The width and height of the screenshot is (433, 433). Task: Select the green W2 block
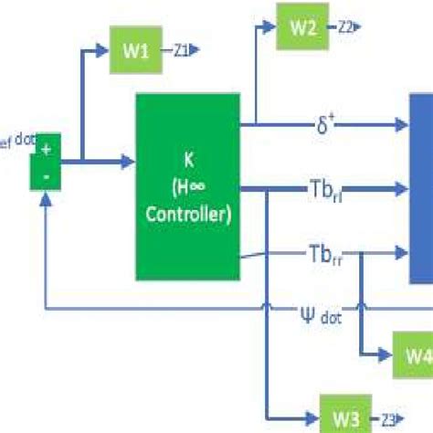(x=303, y=26)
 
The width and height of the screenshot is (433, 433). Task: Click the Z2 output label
(x=344, y=27)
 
